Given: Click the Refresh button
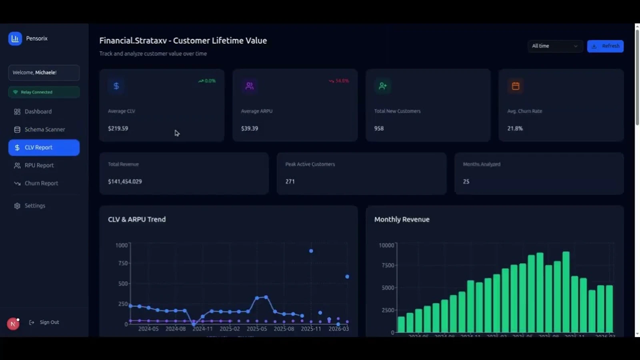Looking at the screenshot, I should pos(605,46).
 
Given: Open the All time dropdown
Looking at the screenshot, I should pos(554,46).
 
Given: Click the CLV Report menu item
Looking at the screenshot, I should pos(44,148).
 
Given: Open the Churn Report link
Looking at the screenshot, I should pos(41,183).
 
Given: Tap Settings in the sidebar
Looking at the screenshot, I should pos(35,206).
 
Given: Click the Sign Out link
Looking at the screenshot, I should pos(49,322).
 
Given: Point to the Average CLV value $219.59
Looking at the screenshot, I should pos(118,128).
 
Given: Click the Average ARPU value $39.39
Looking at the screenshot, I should pos(250,128).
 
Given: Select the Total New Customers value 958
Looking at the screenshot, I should pos(379,128).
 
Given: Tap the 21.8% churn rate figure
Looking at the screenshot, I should pos(515,128).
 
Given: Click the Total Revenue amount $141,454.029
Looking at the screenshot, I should pos(125,182).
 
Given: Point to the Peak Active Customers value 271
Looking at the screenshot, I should pos(290,182).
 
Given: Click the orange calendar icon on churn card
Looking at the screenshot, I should pos(516,86).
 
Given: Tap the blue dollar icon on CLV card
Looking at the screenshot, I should pos(116,86).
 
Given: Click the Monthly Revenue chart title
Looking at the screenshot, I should pos(402,219).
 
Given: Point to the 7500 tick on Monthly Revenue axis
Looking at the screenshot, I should pos(388,265).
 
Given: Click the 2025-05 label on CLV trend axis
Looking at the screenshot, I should pos(256,329).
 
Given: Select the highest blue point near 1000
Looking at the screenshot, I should pos(311,251).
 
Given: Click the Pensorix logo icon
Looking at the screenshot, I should pos(15,38).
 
